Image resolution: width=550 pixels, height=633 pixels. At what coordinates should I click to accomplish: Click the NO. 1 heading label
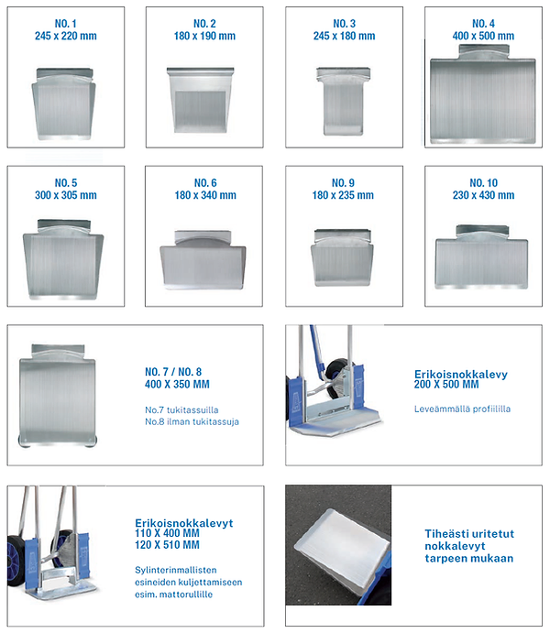click(65, 24)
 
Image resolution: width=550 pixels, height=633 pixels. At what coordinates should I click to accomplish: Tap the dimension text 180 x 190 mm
click(204, 36)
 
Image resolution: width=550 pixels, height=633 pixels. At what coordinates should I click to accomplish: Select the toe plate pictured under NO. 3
click(343, 101)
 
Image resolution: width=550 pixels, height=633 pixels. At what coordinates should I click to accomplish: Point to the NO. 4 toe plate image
click(483, 93)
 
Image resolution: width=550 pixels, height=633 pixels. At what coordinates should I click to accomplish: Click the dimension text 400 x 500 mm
click(483, 36)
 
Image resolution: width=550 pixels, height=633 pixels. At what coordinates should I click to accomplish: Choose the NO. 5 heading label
click(65, 182)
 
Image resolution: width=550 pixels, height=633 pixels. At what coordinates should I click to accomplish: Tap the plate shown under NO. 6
click(203, 259)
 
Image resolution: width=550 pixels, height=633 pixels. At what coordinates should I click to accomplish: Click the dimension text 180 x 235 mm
click(343, 195)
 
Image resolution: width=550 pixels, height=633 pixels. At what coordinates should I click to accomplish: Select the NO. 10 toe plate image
click(482, 256)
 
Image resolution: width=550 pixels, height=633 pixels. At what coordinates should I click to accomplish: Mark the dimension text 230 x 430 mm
click(483, 195)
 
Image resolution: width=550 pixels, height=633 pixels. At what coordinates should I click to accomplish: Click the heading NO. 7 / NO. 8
click(173, 372)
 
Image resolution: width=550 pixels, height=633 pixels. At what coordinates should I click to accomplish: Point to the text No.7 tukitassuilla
click(181, 410)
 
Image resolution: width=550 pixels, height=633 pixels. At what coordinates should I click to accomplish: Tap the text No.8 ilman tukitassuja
click(192, 422)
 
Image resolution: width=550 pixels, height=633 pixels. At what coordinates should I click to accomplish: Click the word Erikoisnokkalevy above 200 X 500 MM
click(461, 375)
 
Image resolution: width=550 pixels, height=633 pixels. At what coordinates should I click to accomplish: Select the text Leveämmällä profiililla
click(462, 409)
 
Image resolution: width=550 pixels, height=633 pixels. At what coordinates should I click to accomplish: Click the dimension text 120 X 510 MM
click(167, 545)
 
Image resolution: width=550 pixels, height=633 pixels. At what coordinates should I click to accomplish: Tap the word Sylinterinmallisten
click(176, 570)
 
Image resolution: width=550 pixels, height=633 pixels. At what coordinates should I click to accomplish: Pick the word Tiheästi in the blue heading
click(445, 534)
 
